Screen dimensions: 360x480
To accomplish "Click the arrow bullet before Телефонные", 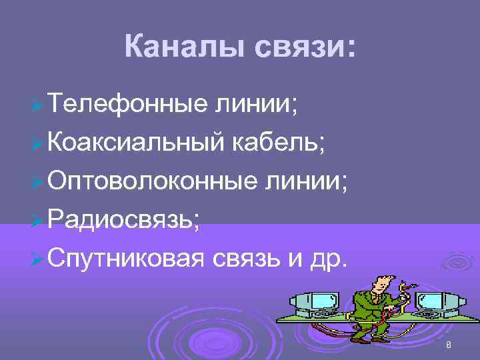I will point(37,105).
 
